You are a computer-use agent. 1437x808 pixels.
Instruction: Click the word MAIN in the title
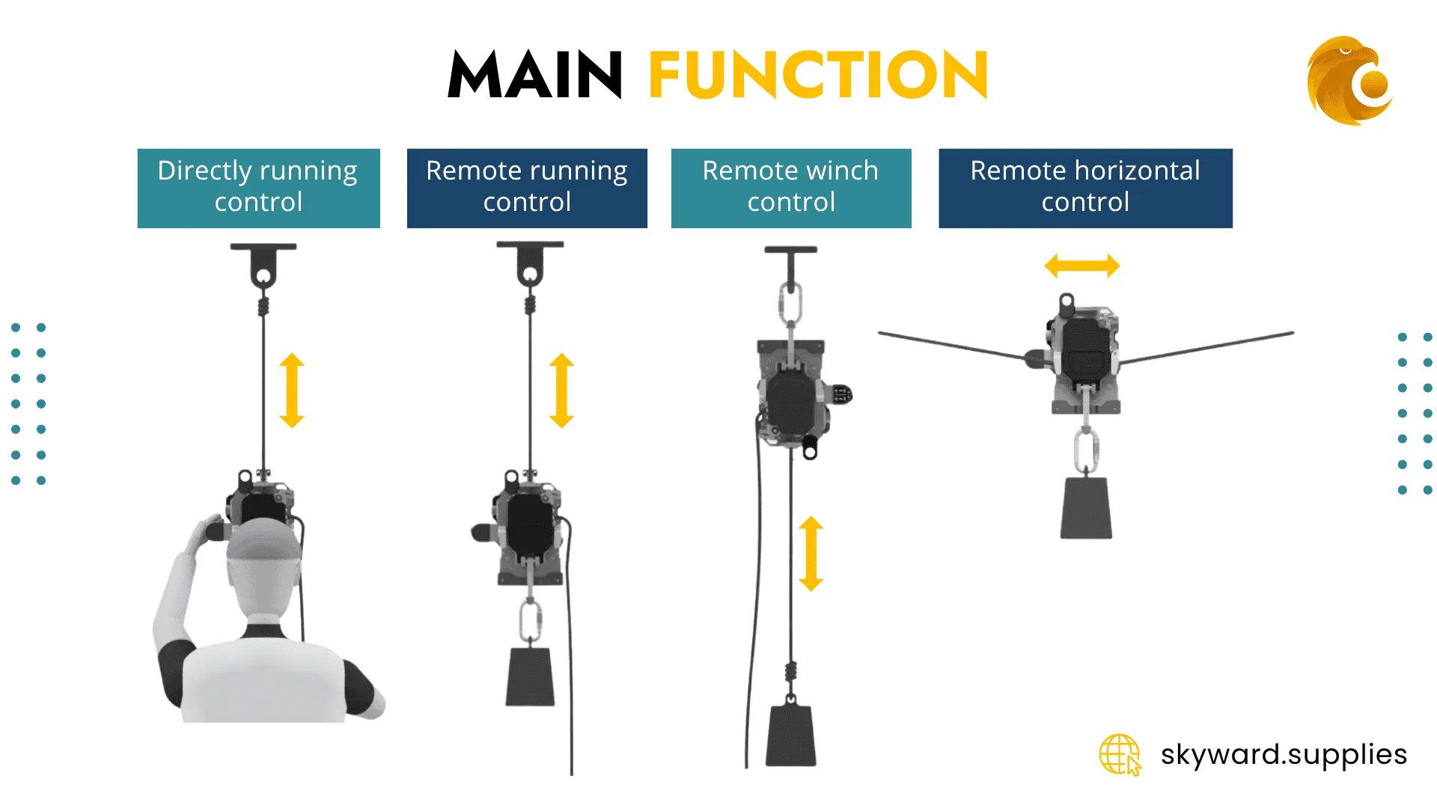[534, 75]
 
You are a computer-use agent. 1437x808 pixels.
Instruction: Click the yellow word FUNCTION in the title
[818, 75]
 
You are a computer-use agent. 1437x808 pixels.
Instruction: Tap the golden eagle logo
[1349, 80]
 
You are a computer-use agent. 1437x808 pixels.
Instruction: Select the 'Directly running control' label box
[258, 188]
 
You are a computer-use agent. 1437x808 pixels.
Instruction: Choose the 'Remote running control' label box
[527, 188]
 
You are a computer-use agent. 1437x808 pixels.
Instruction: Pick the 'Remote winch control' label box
[791, 188]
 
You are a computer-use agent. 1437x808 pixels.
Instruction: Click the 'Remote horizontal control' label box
[1085, 188]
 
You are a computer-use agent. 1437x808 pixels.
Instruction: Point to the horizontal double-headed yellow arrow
[1082, 266]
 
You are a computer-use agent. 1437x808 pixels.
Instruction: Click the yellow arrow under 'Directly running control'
[292, 391]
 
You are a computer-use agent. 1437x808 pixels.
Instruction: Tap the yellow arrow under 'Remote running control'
[561, 391]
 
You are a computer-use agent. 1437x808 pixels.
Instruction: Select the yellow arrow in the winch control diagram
[811, 554]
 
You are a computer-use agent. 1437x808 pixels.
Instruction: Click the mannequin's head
[264, 565]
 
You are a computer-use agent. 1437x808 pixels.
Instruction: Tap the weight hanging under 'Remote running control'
[530, 676]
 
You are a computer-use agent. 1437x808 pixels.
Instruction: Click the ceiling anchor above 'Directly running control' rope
[263, 266]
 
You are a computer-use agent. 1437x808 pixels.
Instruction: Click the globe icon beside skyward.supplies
[1120, 754]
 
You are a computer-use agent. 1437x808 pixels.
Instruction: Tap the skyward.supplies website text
[1284, 754]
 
